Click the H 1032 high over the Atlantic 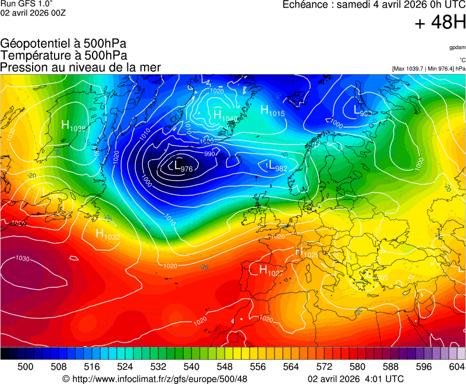point(107,233)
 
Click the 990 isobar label point(209,153)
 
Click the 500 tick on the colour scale point(25,367)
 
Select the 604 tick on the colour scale point(457,367)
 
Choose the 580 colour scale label point(357,367)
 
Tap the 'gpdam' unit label point(457,47)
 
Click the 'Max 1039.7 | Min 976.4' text point(429,69)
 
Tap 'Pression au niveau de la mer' point(81,67)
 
